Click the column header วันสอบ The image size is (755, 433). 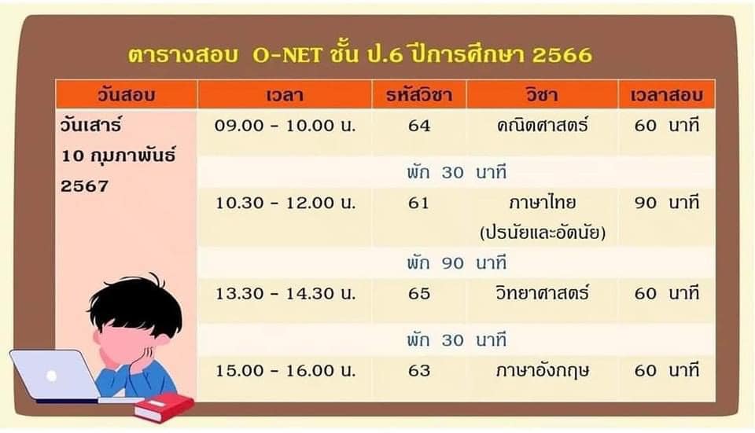pyautogui.click(x=126, y=94)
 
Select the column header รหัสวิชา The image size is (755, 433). pyautogui.click(x=419, y=94)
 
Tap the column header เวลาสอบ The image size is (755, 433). pyautogui.click(x=666, y=94)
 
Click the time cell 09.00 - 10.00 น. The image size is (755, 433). pyautogui.click(x=285, y=126)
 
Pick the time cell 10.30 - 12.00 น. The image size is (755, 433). pyautogui.click(x=285, y=203)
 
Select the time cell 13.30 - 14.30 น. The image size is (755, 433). pyautogui.click(x=285, y=293)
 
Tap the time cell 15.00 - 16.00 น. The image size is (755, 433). pyautogui.click(x=285, y=370)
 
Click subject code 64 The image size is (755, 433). pyautogui.click(x=419, y=126)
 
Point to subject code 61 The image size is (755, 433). pyautogui.click(x=418, y=203)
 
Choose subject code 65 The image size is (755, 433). pyautogui.click(x=419, y=293)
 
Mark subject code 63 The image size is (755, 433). pyautogui.click(x=419, y=370)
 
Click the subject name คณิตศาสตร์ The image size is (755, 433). pyautogui.click(x=543, y=126)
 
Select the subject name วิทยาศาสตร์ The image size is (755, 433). pyautogui.click(x=543, y=292)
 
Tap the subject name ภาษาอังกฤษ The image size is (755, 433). pyautogui.click(x=543, y=370)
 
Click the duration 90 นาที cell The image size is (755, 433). pyautogui.click(x=666, y=203)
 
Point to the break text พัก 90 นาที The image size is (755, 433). pyautogui.click(x=456, y=263)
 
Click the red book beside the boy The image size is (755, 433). pyautogui.click(x=164, y=407)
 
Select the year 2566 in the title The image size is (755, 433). pyautogui.click(x=562, y=55)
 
